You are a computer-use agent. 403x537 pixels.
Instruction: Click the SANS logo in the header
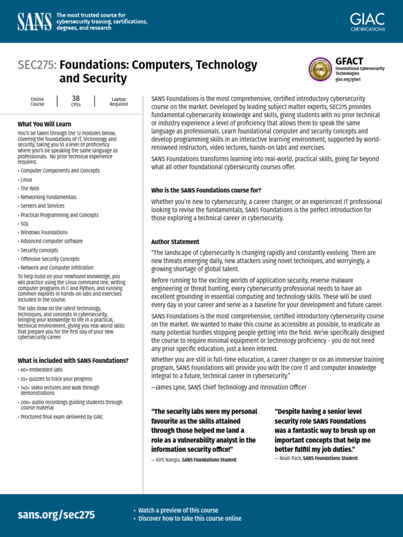35,22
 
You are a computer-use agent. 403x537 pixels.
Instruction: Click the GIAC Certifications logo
367,22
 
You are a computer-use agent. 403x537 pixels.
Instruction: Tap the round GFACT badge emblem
320,69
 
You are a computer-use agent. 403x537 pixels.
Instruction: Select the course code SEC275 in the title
37,65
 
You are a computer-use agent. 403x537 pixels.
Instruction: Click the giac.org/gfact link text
348,80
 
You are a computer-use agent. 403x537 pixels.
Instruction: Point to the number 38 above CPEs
76,98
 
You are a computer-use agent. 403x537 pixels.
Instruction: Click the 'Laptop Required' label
119,101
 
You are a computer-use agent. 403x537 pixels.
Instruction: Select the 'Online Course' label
37,101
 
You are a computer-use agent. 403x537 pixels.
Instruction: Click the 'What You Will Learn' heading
44,124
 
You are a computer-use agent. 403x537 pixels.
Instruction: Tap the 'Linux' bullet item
26,179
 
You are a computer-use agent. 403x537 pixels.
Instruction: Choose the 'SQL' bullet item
24,223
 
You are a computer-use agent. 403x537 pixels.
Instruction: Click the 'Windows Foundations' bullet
44,232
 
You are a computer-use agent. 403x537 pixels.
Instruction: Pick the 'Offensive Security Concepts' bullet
50,259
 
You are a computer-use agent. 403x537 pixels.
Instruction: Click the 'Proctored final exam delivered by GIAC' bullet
61,417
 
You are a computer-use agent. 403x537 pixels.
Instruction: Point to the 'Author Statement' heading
175,242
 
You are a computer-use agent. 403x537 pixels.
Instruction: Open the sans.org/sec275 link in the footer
56,514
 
